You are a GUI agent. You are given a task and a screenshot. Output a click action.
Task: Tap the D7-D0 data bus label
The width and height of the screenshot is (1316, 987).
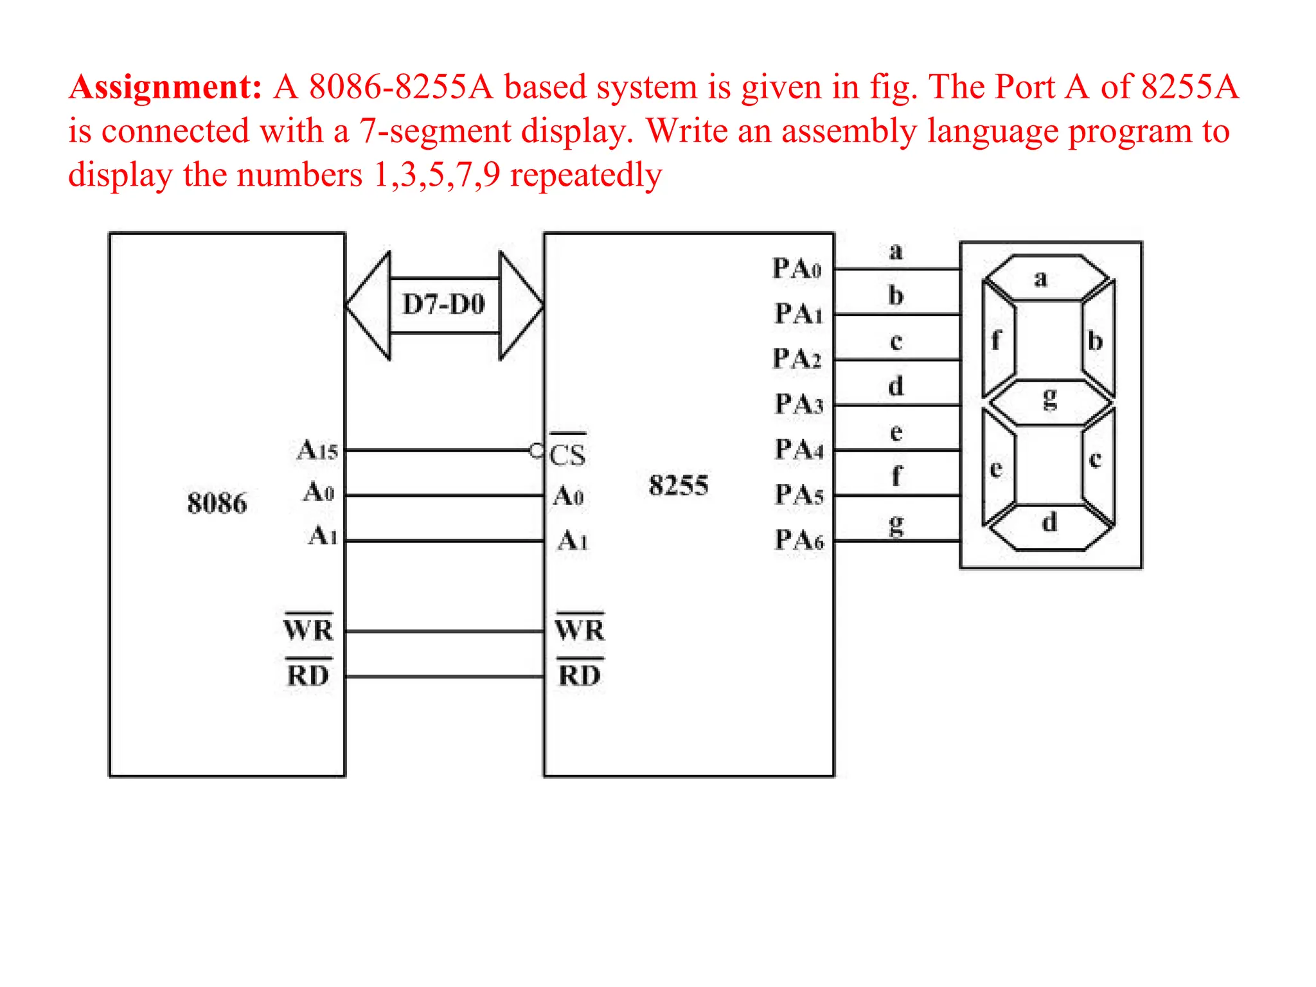[x=443, y=305]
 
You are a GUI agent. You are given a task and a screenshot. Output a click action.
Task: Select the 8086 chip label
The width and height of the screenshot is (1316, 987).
[x=217, y=503]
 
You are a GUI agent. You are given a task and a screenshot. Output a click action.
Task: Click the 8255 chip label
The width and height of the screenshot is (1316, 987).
[x=678, y=485]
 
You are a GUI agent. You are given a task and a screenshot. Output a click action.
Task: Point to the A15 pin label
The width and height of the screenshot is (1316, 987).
[x=317, y=450]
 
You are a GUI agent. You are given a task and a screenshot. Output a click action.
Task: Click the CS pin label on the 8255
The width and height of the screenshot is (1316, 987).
[x=567, y=454]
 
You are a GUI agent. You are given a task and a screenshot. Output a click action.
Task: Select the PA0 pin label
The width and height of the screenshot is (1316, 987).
[x=797, y=269]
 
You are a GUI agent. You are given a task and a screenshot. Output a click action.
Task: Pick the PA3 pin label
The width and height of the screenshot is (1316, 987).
[x=799, y=404]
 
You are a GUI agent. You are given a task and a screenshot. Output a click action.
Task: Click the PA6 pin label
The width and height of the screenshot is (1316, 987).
[x=799, y=540]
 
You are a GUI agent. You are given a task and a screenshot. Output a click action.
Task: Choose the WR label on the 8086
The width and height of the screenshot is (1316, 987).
[x=308, y=630]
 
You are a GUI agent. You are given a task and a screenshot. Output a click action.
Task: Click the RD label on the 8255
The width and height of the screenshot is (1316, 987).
[x=580, y=675]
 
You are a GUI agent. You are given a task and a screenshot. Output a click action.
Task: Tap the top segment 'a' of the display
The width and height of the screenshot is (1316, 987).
[x=1047, y=278]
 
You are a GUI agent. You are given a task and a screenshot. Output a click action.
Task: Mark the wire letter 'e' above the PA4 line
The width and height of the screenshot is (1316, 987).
[x=896, y=432]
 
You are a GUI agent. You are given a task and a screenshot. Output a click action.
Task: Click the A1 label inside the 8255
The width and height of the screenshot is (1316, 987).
[x=572, y=540]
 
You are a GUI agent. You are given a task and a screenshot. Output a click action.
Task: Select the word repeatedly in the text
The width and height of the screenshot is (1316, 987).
[x=585, y=175]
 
